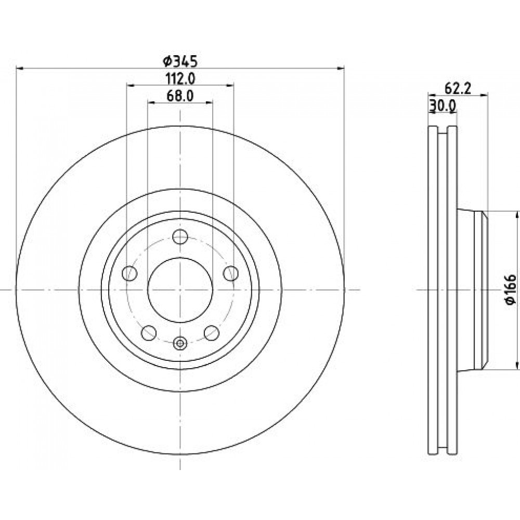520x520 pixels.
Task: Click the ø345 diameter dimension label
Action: [x=180, y=61]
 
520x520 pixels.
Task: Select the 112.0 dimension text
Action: [x=180, y=79]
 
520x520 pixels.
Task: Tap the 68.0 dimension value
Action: [x=180, y=96]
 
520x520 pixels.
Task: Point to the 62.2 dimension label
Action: [x=458, y=88]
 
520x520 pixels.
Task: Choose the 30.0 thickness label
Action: [x=443, y=106]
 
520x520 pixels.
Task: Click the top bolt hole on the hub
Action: [x=180, y=237]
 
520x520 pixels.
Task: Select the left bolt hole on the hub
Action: [x=129, y=274]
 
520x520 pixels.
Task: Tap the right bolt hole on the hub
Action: [x=230, y=274]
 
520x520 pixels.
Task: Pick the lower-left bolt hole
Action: [x=149, y=333]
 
